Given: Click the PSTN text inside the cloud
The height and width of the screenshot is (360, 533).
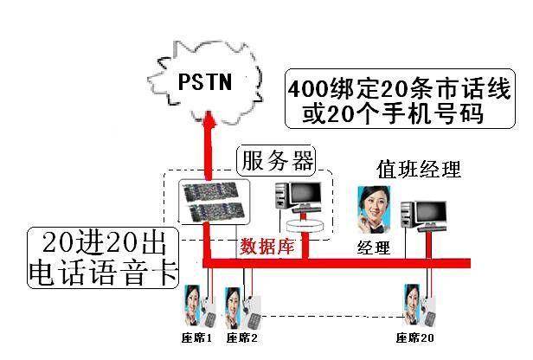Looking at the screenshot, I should pos(206,81).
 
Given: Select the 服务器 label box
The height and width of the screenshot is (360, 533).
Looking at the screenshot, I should pos(277,161).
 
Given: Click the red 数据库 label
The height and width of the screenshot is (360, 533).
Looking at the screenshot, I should pos(267,245).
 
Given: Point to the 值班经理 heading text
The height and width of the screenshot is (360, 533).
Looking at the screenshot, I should pos(419,168).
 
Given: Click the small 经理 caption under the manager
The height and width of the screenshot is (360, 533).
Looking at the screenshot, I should pos(374,248).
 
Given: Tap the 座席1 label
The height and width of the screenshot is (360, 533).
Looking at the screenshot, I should pos(196,337).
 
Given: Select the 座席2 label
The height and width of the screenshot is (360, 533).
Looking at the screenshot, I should pos(242,337).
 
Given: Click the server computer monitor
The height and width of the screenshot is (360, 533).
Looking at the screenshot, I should pos(296,196).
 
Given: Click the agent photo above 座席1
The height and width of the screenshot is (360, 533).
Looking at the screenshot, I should pos(192,303).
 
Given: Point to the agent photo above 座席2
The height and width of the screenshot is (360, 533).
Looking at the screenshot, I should pos(233,303).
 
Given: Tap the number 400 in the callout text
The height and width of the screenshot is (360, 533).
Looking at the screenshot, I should pos(309,90).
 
